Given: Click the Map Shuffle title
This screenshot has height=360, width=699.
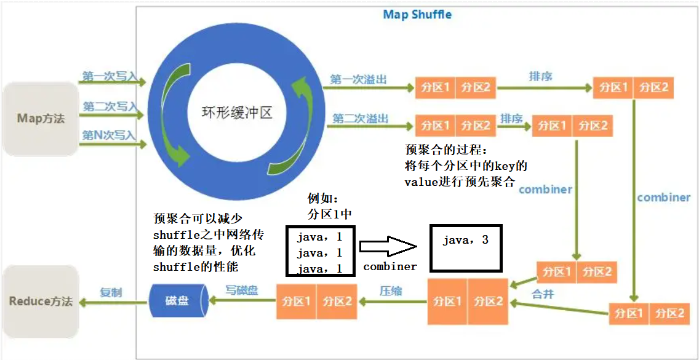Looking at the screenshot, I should [x=417, y=14].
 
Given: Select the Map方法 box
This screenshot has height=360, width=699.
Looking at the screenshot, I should [x=41, y=118].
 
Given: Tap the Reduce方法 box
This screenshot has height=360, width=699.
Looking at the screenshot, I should [x=41, y=302].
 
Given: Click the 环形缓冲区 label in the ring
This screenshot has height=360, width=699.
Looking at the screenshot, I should [x=237, y=113].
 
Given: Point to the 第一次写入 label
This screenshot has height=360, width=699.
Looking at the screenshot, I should [x=110, y=76].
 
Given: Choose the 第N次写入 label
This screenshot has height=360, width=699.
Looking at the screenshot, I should [x=110, y=135].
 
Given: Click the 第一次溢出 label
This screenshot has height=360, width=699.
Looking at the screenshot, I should [x=359, y=79].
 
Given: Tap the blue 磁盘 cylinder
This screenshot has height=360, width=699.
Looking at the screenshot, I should [x=177, y=301].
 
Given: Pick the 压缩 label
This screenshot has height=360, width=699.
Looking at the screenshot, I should [x=391, y=290].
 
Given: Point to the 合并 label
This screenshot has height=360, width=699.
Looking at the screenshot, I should [x=543, y=294].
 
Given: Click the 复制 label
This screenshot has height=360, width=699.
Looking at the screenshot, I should [x=111, y=292].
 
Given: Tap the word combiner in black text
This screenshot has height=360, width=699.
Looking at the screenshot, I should [x=390, y=266].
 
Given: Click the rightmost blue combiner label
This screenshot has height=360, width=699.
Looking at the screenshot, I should [x=663, y=198].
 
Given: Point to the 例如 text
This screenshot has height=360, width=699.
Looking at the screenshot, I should [x=322, y=199].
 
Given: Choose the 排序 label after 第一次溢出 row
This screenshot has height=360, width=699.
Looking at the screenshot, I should [x=540, y=76].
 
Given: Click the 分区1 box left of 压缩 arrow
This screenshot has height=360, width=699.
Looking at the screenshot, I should [x=296, y=302].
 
